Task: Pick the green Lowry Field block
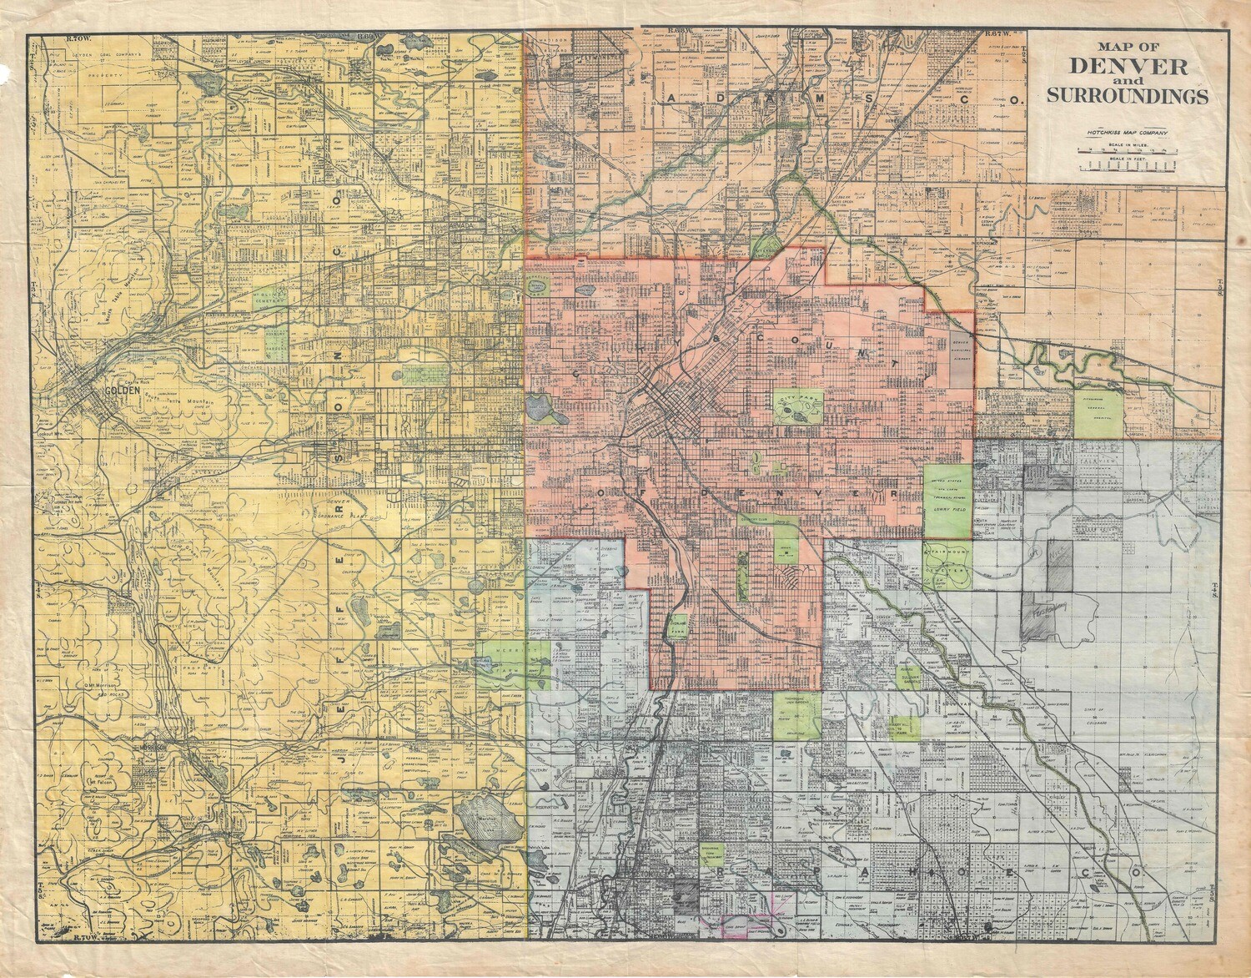pos(947,501)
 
